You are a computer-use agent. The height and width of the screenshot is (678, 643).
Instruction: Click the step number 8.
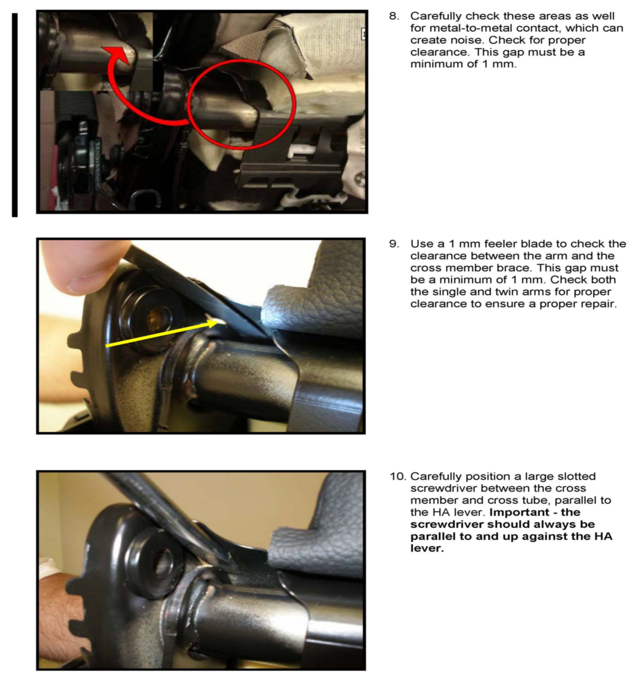coord(394,16)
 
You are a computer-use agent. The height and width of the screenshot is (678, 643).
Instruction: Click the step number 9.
coord(394,244)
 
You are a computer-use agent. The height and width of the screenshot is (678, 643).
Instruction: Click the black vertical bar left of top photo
coord(15,115)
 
